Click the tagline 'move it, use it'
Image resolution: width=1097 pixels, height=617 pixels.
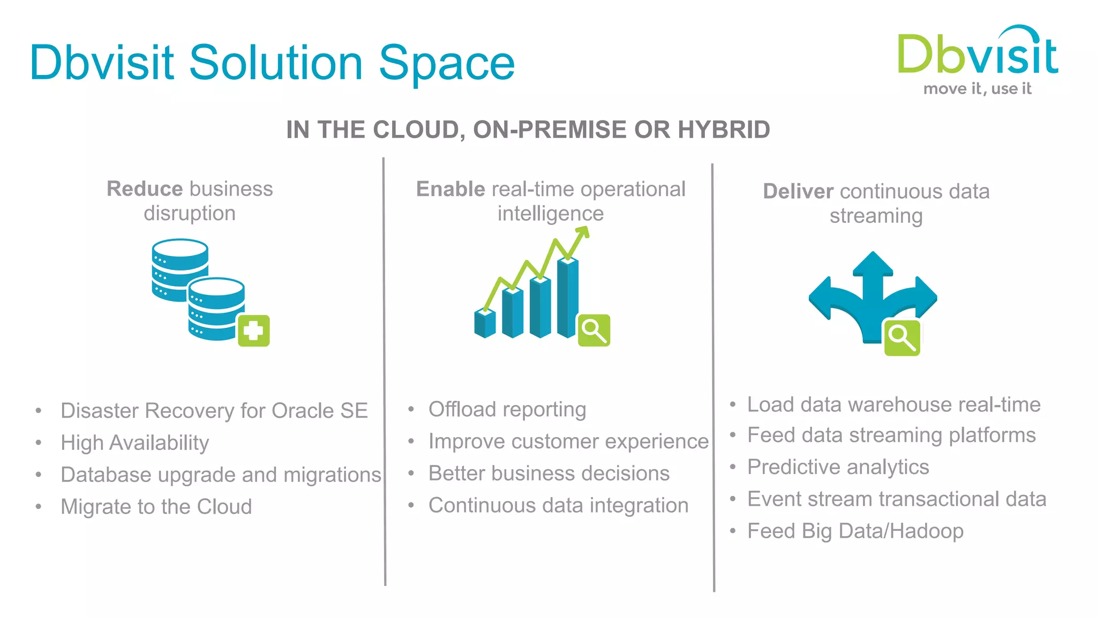[x=977, y=88]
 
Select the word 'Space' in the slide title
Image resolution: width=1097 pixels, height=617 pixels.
[x=447, y=63]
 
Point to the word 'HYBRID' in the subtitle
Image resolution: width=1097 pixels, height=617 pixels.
[x=724, y=130]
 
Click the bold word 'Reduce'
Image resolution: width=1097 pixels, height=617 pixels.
[x=145, y=189]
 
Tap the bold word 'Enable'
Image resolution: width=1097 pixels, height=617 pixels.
[x=450, y=189]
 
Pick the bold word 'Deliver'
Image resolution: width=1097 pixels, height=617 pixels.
[x=798, y=191]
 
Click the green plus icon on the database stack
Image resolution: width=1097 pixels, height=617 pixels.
[x=253, y=330]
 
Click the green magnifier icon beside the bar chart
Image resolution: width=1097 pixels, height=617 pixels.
[x=593, y=330]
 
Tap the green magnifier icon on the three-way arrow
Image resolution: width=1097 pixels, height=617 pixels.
[x=901, y=337]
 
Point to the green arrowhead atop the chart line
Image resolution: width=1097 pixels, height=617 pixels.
[x=583, y=232]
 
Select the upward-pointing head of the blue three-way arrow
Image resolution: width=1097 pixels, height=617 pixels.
[x=873, y=264]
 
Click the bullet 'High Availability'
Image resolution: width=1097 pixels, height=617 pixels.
[x=134, y=443]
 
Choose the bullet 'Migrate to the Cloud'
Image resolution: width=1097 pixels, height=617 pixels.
[x=156, y=507]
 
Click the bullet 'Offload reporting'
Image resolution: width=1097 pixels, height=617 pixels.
[x=507, y=410]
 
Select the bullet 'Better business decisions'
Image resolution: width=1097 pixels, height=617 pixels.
[x=548, y=473]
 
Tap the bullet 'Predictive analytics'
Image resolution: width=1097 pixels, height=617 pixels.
[x=838, y=467]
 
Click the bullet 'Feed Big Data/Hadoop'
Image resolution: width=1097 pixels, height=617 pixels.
[x=855, y=531]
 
